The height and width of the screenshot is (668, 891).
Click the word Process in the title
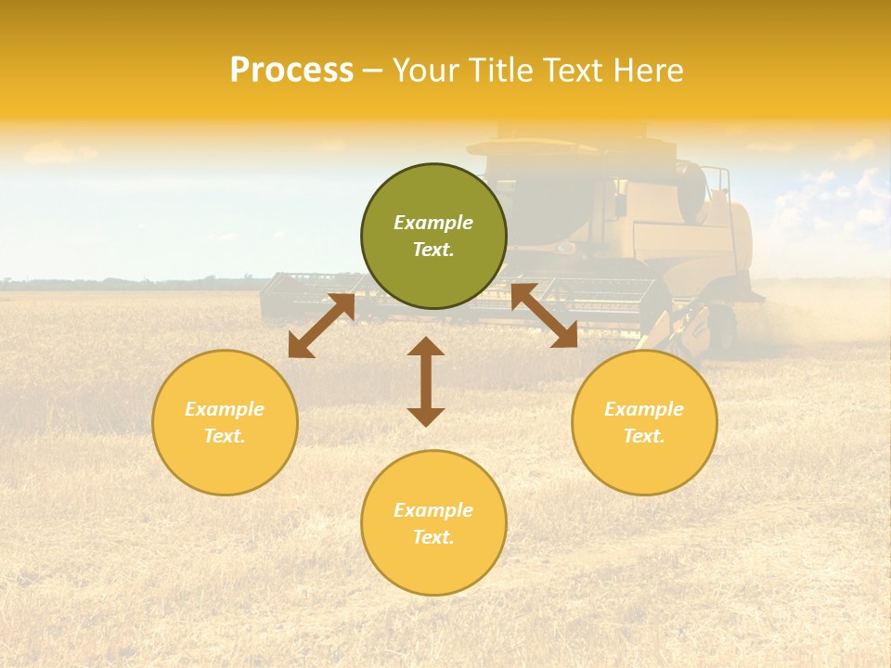[291, 71]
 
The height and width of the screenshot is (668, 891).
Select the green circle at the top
[433, 237]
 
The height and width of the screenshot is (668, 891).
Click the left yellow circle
[225, 422]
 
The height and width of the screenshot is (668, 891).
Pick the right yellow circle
[644, 422]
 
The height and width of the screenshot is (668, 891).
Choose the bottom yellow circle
[433, 523]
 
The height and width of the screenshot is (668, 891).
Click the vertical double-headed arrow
[426, 381]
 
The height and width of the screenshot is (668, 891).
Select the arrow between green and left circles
[321, 326]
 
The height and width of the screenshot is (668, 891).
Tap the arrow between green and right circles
[544, 315]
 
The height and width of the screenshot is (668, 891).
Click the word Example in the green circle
[433, 223]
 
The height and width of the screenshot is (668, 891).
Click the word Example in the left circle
[225, 409]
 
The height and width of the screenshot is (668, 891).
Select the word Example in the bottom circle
[433, 510]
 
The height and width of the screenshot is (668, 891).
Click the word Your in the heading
[423, 71]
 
